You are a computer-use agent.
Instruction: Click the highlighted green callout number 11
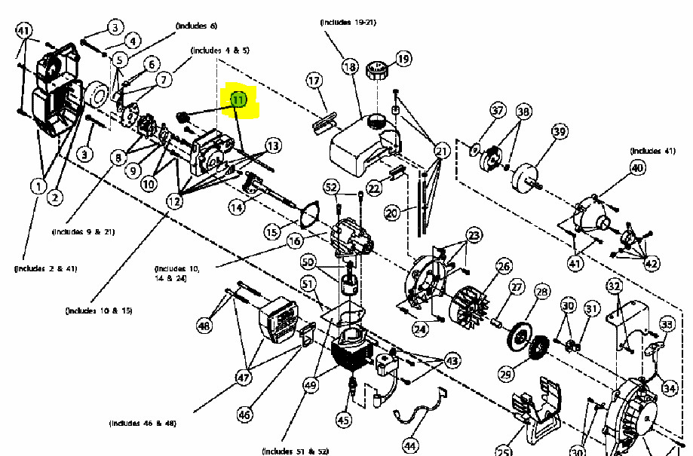(x=238, y=99)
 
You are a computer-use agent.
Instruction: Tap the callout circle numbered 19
(x=403, y=58)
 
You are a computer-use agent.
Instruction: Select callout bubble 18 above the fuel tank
(x=350, y=67)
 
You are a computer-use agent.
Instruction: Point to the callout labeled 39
(x=559, y=132)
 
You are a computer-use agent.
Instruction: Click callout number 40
(x=638, y=168)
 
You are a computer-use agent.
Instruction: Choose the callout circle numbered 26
(x=504, y=266)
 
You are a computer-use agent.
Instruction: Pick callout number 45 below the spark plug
(x=343, y=420)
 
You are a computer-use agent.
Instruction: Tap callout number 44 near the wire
(x=410, y=445)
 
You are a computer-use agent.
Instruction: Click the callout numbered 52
(x=332, y=186)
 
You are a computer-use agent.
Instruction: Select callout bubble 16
(x=294, y=241)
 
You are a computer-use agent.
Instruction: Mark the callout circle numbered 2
(x=54, y=197)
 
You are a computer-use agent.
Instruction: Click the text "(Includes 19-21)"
(x=348, y=23)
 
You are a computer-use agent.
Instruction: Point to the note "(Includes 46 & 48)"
(x=143, y=423)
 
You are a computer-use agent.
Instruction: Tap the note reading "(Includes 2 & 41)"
(x=45, y=268)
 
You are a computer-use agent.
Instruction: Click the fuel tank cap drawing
(x=375, y=74)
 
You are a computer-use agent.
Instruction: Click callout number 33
(x=667, y=325)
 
